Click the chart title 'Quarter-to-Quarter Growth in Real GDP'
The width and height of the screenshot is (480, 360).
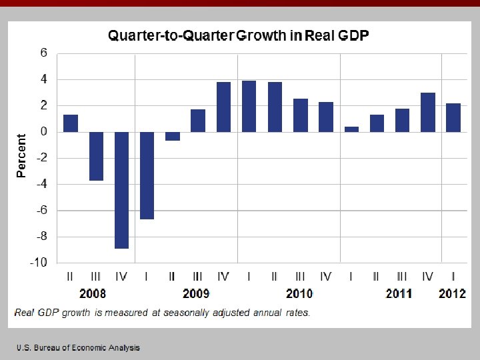(x=238, y=36)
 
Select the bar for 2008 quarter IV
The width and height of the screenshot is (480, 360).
(x=121, y=190)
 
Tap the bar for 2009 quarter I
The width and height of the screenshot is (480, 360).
(x=147, y=175)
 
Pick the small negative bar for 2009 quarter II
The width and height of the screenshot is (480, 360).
(x=173, y=136)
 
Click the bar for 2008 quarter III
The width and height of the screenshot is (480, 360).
(x=96, y=156)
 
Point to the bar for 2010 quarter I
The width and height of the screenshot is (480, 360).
(x=249, y=106)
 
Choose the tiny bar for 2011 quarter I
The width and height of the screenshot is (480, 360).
(x=351, y=129)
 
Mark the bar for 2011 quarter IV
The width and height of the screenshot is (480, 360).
(x=428, y=112)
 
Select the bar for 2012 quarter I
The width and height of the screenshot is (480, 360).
(x=453, y=117)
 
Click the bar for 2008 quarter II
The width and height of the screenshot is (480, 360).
(x=71, y=123)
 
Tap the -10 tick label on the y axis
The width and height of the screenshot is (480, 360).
(x=38, y=263)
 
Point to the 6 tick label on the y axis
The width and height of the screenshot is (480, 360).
(x=44, y=53)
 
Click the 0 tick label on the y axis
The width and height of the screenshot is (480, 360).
(x=44, y=132)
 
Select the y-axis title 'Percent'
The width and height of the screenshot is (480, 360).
(x=21, y=156)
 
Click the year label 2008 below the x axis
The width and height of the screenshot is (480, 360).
(x=93, y=294)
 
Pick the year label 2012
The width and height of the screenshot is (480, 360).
(x=453, y=294)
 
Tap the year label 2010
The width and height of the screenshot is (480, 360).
(x=299, y=294)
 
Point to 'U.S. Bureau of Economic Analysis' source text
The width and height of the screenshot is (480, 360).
(x=79, y=348)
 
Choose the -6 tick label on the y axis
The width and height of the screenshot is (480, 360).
(x=41, y=211)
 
